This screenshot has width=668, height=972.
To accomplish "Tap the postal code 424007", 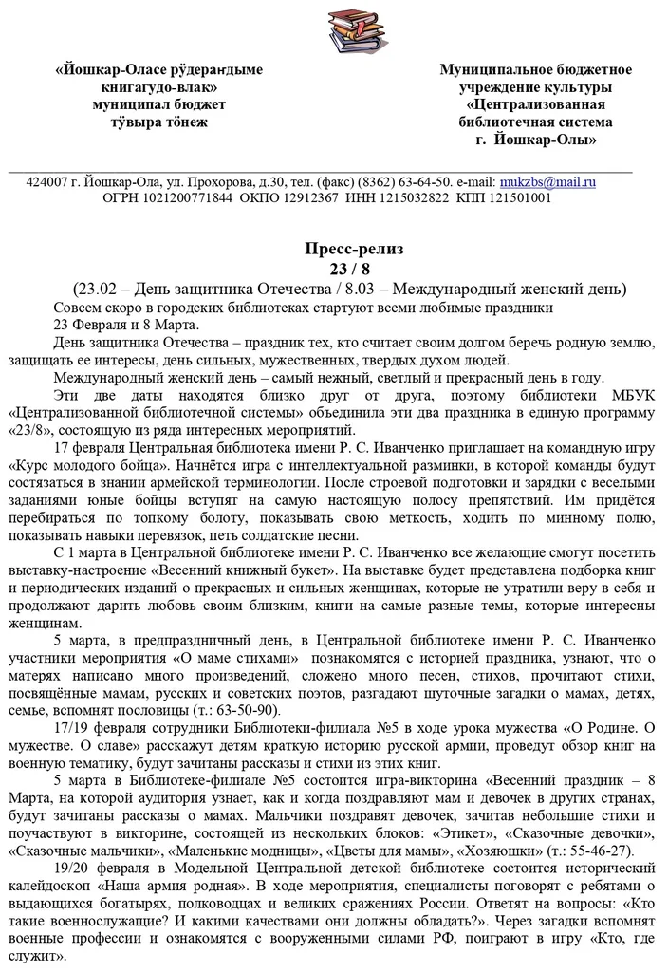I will pos(46,181).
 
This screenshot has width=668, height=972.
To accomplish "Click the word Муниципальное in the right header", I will pos(502,70).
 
